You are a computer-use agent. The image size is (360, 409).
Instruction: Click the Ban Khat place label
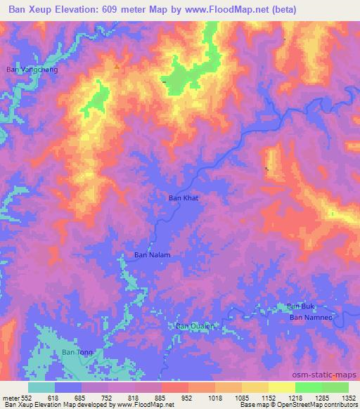click(x=184, y=198)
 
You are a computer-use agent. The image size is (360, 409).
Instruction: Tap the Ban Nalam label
click(x=153, y=255)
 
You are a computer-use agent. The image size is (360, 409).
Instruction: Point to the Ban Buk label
click(x=301, y=306)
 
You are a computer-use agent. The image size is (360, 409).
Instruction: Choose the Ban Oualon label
click(x=194, y=326)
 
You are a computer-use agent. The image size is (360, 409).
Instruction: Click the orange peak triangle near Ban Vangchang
click(x=117, y=67)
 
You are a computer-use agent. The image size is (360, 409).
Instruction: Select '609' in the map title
click(x=125, y=10)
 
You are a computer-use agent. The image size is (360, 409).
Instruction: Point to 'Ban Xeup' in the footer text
click(x=18, y=405)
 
